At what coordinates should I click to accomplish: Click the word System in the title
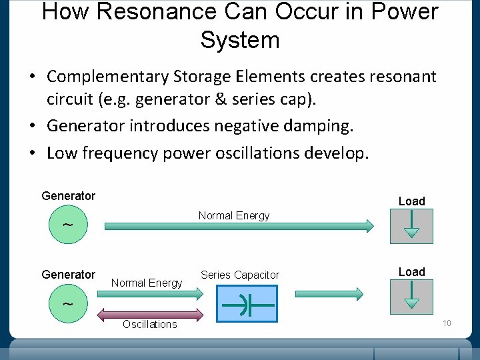(x=239, y=40)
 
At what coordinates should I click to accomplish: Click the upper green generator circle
(x=69, y=225)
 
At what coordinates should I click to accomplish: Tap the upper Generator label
(x=68, y=196)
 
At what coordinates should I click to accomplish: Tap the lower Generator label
(x=68, y=275)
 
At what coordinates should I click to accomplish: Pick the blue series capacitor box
(x=247, y=304)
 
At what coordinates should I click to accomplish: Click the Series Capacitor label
(x=240, y=275)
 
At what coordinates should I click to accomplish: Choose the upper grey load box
(x=411, y=226)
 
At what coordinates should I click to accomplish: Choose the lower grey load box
(x=411, y=297)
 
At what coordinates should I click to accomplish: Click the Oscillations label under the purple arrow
(x=149, y=325)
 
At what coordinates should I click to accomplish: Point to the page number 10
(x=447, y=323)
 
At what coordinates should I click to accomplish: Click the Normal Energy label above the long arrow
(x=234, y=215)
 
